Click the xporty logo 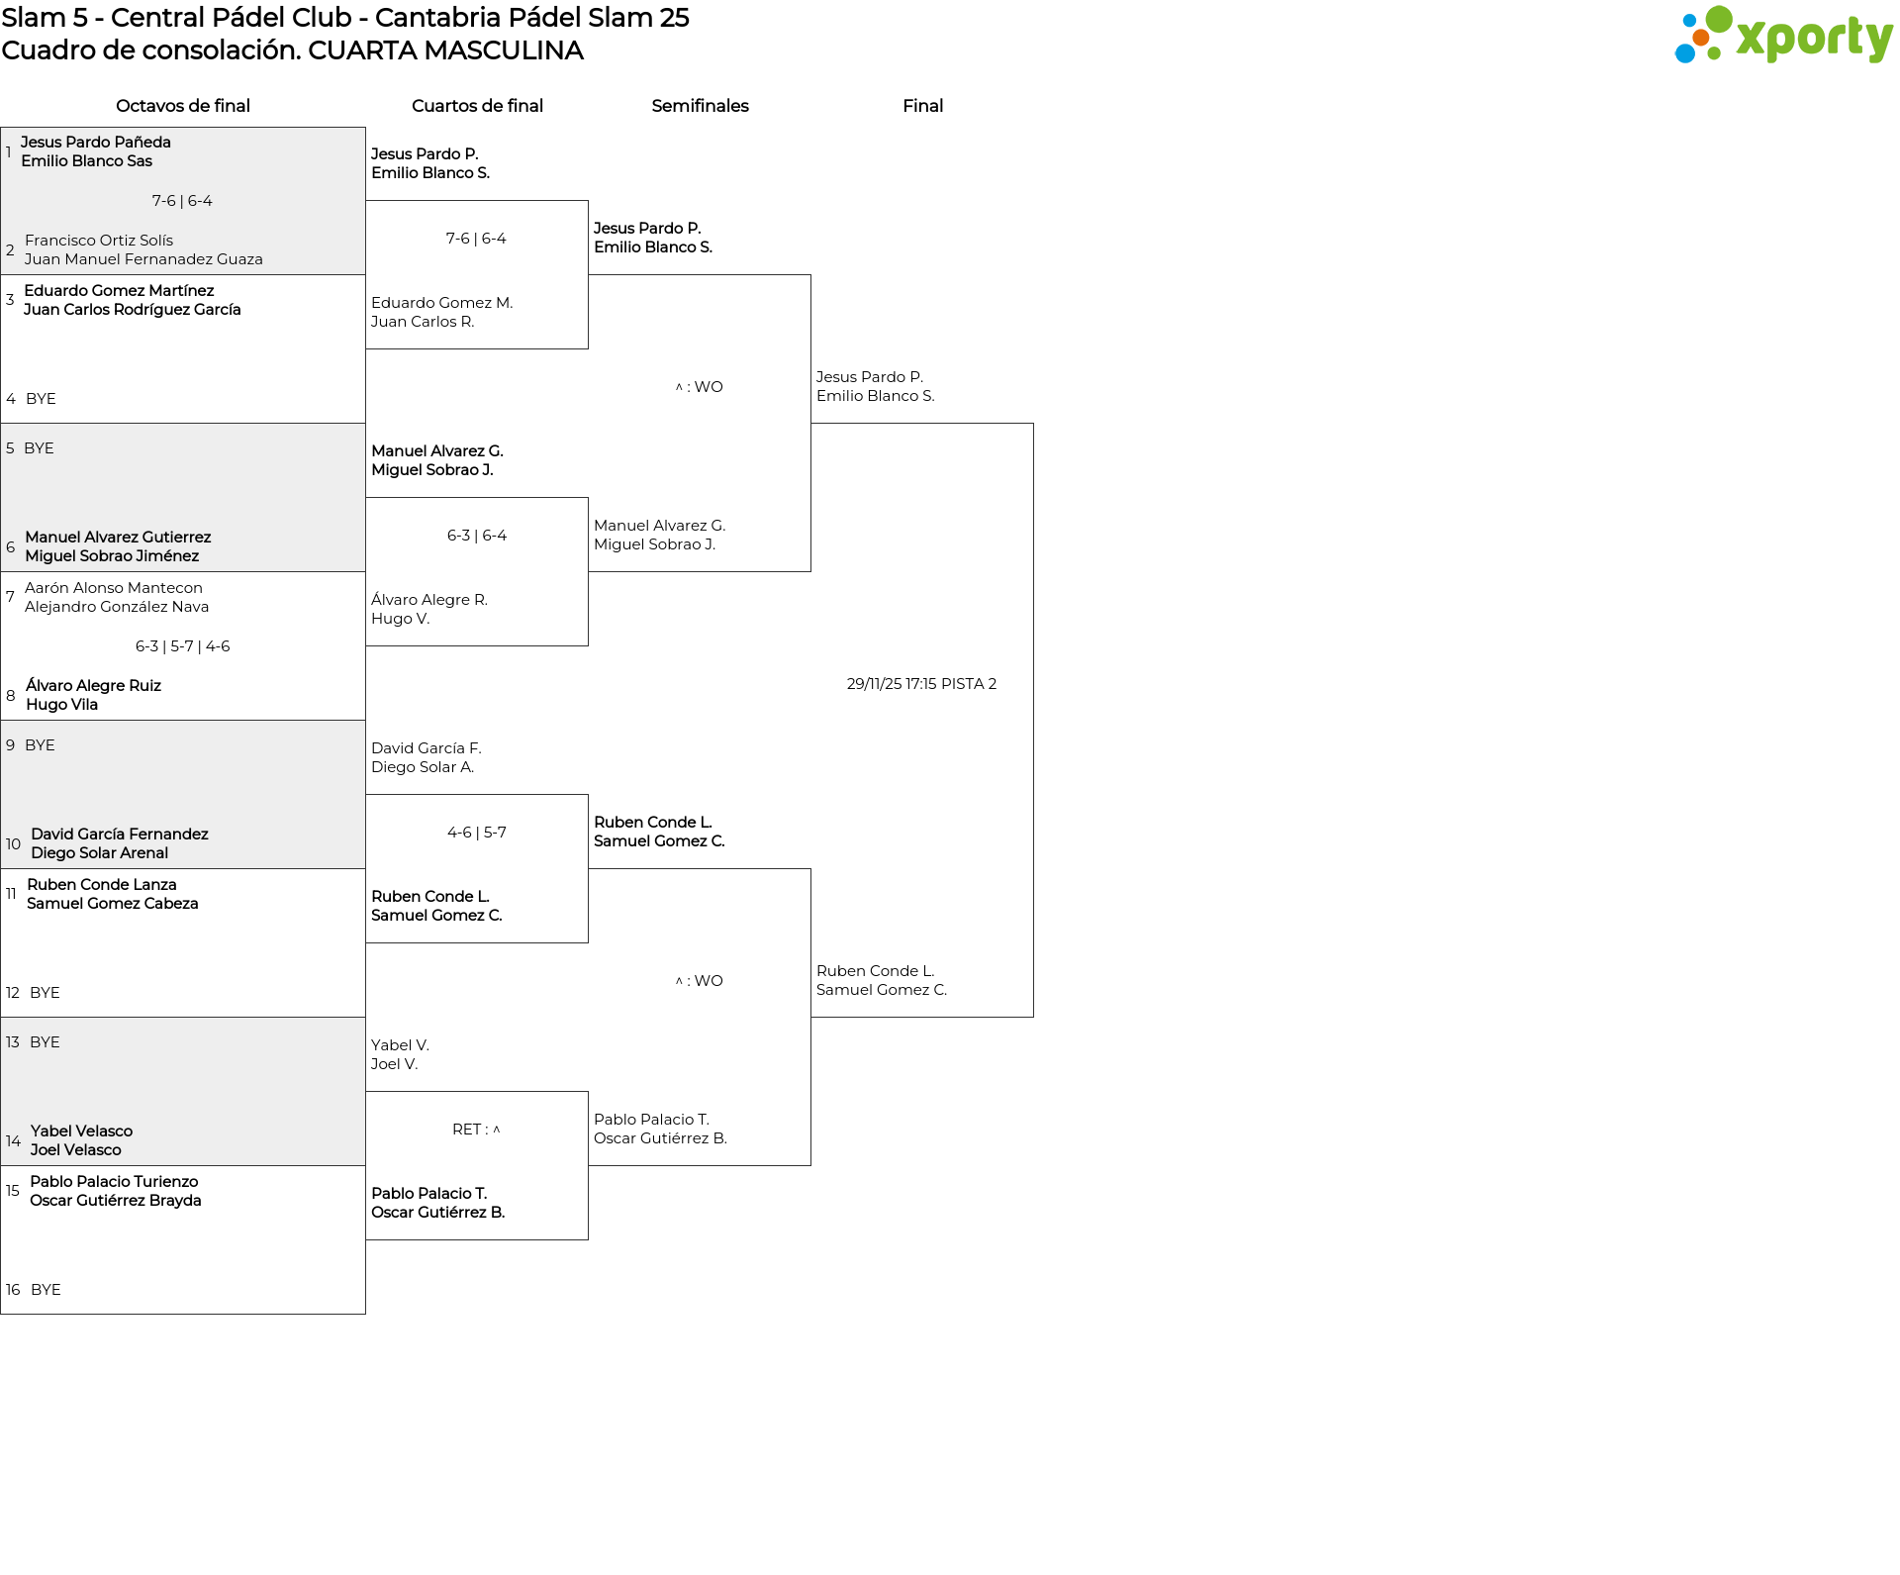pyautogui.click(x=1783, y=35)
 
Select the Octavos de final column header pyautogui.click(x=183, y=106)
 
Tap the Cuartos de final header pyautogui.click(x=477, y=106)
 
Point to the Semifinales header pyautogui.click(x=700, y=106)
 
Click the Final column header pyautogui.click(x=922, y=106)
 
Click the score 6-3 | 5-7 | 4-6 pyautogui.click(x=183, y=646)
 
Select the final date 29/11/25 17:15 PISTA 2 pyautogui.click(x=921, y=684)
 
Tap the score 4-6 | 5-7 pyautogui.click(x=477, y=833)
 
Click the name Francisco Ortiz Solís pyautogui.click(x=99, y=241)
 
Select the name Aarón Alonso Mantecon pyautogui.click(x=114, y=588)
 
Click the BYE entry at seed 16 pyautogui.click(x=46, y=1290)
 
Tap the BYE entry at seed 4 pyautogui.click(x=41, y=399)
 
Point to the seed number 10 pyautogui.click(x=13, y=844)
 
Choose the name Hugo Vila pyautogui.click(x=61, y=705)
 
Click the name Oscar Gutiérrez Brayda pyautogui.click(x=116, y=1201)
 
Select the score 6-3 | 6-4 pyautogui.click(x=477, y=536)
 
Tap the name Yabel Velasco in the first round pyautogui.click(x=81, y=1132)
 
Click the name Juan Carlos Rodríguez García pyautogui.click(x=133, y=310)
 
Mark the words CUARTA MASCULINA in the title pyautogui.click(x=445, y=50)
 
